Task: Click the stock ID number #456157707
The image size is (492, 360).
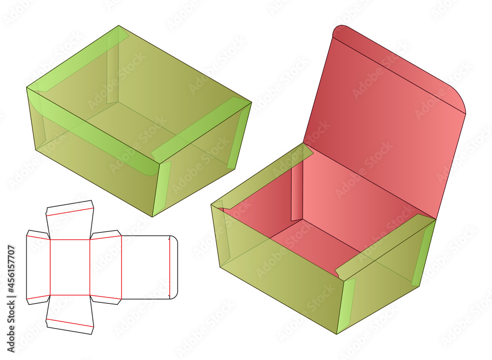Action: [x=11, y=269]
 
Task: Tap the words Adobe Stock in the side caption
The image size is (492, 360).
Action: [x=11, y=324]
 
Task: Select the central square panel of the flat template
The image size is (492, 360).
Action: [x=70, y=267]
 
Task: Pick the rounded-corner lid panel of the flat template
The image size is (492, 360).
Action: [x=150, y=267]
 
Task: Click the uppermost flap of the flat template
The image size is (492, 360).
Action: [x=70, y=220]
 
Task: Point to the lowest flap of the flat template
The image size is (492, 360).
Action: [x=70, y=315]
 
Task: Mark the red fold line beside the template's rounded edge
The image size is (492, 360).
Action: [x=169, y=267]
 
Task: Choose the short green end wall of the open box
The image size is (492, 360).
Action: [x=386, y=276]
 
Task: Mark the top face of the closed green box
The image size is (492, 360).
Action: [x=138, y=94]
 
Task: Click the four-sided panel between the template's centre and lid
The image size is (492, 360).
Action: [x=106, y=267]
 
